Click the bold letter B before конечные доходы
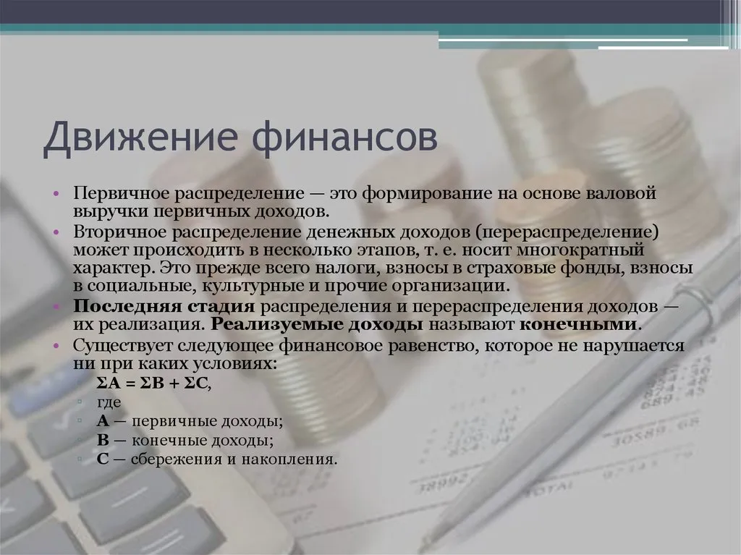coord(102,440)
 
